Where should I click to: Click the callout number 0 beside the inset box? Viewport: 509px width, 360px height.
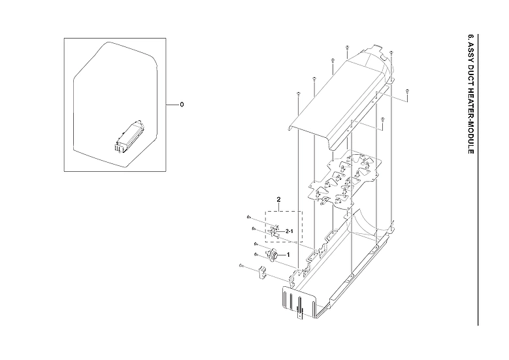pyautogui.click(x=182, y=105)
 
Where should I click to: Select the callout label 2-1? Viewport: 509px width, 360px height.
pyautogui.click(x=289, y=232)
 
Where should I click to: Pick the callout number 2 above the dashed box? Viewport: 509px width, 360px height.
pyautogui.click(x=278, y=199)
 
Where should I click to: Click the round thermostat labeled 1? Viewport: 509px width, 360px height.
pyautogui.click(x=275, y=255)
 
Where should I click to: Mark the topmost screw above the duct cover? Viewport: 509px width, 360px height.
pyautogui.click(x=347, y=48)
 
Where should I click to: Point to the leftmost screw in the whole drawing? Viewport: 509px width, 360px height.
pyautogui.click(x=242, y=266)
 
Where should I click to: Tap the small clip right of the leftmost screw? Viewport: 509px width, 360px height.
pyautogui.click(x=262, y=270)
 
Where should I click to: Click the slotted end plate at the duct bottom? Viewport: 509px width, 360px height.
pyautogui.click(x=298, y=302)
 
